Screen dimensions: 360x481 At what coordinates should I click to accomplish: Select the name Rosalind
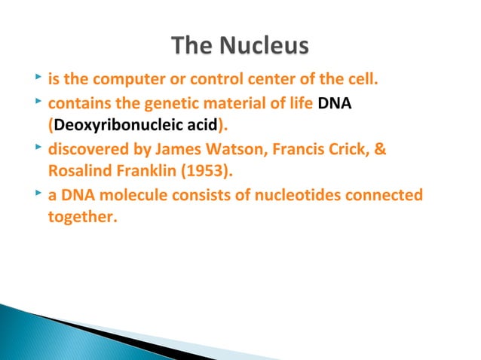(78, 172)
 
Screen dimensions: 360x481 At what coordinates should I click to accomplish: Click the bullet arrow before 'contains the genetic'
(38, 101)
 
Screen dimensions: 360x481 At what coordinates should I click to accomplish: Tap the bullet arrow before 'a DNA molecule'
(38, 196)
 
